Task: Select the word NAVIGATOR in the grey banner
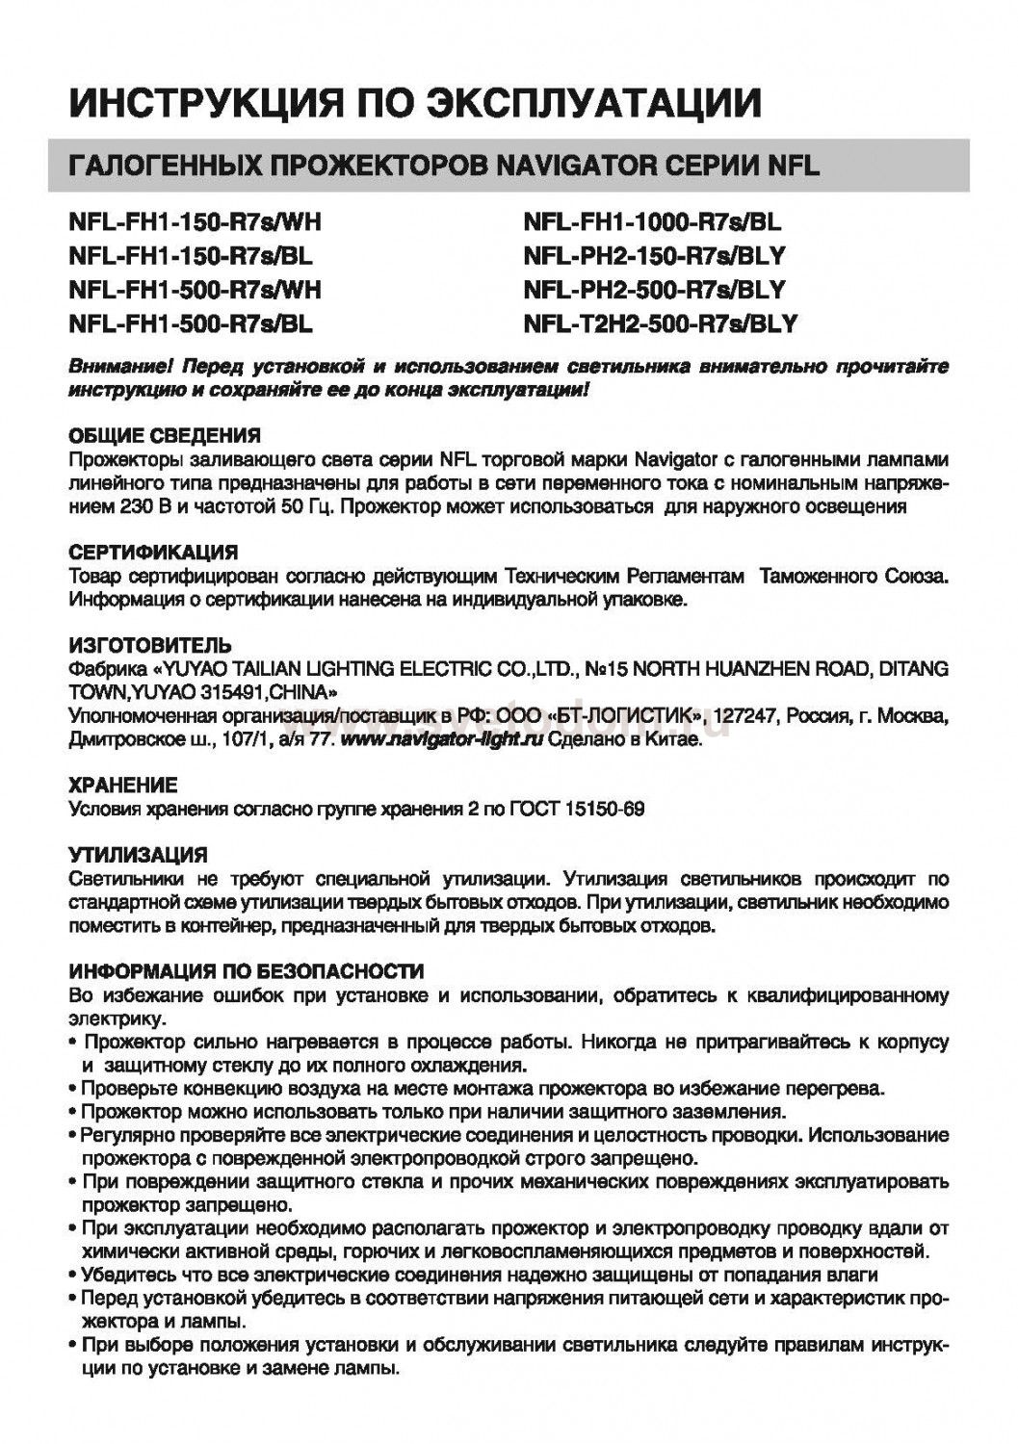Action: coord(565,167)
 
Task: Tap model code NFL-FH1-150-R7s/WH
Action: coord(195,222)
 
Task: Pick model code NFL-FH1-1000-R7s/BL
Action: coord(652,222)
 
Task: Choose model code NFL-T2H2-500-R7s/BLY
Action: coord(660,323)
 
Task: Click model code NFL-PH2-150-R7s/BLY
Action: coord(655,256)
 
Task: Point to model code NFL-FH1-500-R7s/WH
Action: coord(195,290)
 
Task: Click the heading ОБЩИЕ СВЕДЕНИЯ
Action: coord(165,435)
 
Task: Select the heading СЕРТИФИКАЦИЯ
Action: coord(153,554)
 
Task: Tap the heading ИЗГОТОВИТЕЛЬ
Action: coord(150,645)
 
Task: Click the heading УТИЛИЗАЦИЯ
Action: coord(139,855)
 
